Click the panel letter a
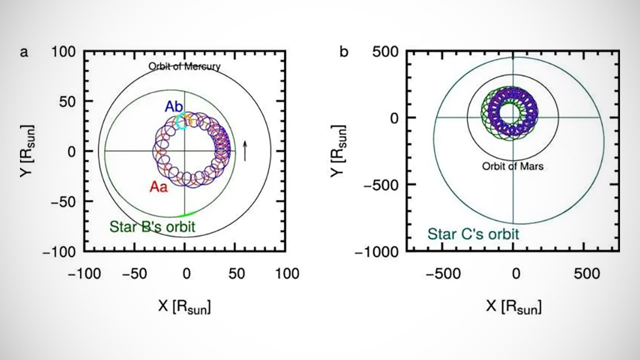[23, 52]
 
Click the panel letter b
[344, 52]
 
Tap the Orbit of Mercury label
[184, 66]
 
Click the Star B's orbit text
[152, 227]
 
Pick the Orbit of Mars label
[512, 166]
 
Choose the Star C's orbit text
[472, 234]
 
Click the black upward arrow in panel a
[245, 150]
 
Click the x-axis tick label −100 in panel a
[83, 273]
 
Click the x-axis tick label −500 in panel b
[442, 273]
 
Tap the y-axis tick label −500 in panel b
[381, 184]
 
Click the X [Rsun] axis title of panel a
[184, 306]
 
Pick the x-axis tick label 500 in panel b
[586, 273]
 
